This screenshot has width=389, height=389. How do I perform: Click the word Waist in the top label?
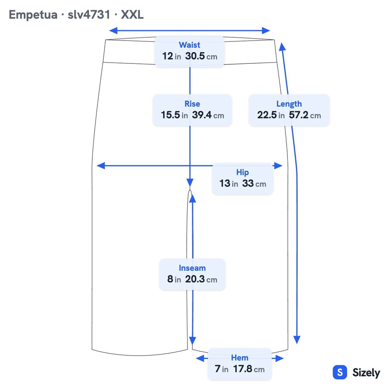pos(189,45)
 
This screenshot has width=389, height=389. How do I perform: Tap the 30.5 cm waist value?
pos(201,56)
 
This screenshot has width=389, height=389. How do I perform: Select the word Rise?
pos(192,104)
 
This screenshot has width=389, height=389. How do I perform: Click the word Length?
pos(289,104)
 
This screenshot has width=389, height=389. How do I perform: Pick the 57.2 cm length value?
pos(305,115)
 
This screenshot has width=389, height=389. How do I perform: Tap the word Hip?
pos(242,172)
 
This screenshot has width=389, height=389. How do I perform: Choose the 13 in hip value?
pos(229,183)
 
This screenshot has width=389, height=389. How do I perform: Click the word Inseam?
pos(192,268)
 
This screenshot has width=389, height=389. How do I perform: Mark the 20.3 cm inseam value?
pos(201,279)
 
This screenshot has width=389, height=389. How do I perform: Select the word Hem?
pos(240,358)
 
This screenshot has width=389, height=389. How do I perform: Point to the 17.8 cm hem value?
pos(249,369)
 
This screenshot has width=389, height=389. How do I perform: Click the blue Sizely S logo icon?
pos(340,372)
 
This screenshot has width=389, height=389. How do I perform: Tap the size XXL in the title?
pos(132,14)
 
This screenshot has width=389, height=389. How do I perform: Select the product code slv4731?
pos(89,14)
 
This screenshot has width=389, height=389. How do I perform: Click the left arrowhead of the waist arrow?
pos(113,31)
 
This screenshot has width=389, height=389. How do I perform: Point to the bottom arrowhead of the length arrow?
pos(297,340)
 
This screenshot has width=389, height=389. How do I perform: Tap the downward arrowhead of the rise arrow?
pos(190,183)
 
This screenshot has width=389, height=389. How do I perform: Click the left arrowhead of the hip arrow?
pos(101,166)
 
